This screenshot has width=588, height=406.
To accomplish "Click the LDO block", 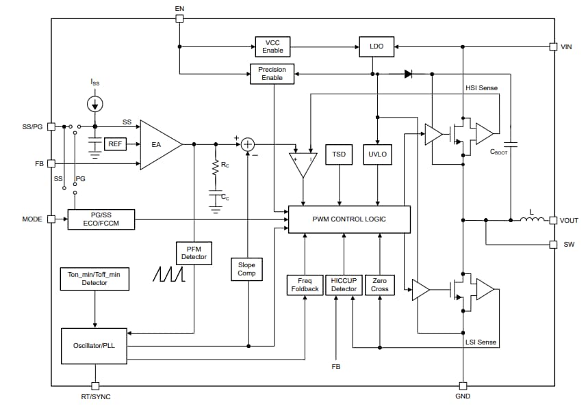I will (x=376, y=46).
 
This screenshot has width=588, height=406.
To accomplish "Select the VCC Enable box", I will (x=272, y=46).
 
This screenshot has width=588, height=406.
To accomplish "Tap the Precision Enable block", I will (x=272, y=74).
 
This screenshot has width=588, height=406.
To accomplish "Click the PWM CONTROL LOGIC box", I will (x=349, y=219).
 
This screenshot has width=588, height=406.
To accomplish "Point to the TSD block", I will (x=339, y=154).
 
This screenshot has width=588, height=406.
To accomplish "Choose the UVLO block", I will (x=377, y=154).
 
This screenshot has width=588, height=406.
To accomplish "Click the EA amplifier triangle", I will (x=158, y=144).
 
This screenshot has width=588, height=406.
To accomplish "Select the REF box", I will (x=114, y=144).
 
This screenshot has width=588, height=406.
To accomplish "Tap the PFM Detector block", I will (x=194, y=253).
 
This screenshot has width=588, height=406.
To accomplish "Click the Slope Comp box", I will (x=246, y=269).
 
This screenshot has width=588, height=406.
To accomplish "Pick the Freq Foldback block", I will (x=303, y=284).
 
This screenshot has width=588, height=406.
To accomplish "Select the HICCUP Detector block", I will (x=344, y=284).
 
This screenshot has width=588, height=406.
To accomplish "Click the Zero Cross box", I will (x=380, y=284).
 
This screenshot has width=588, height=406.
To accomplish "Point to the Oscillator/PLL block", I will (x=94, y=345).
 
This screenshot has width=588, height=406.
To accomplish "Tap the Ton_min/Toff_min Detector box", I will (x=94, y=278).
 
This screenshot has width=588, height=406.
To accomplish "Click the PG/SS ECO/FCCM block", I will (x=101, y=219).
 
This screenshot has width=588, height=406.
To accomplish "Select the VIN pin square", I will (x=553, y=46).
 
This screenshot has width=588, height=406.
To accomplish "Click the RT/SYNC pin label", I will (x=95, y=397).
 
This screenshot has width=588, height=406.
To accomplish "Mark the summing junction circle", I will (x=248, y=144).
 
